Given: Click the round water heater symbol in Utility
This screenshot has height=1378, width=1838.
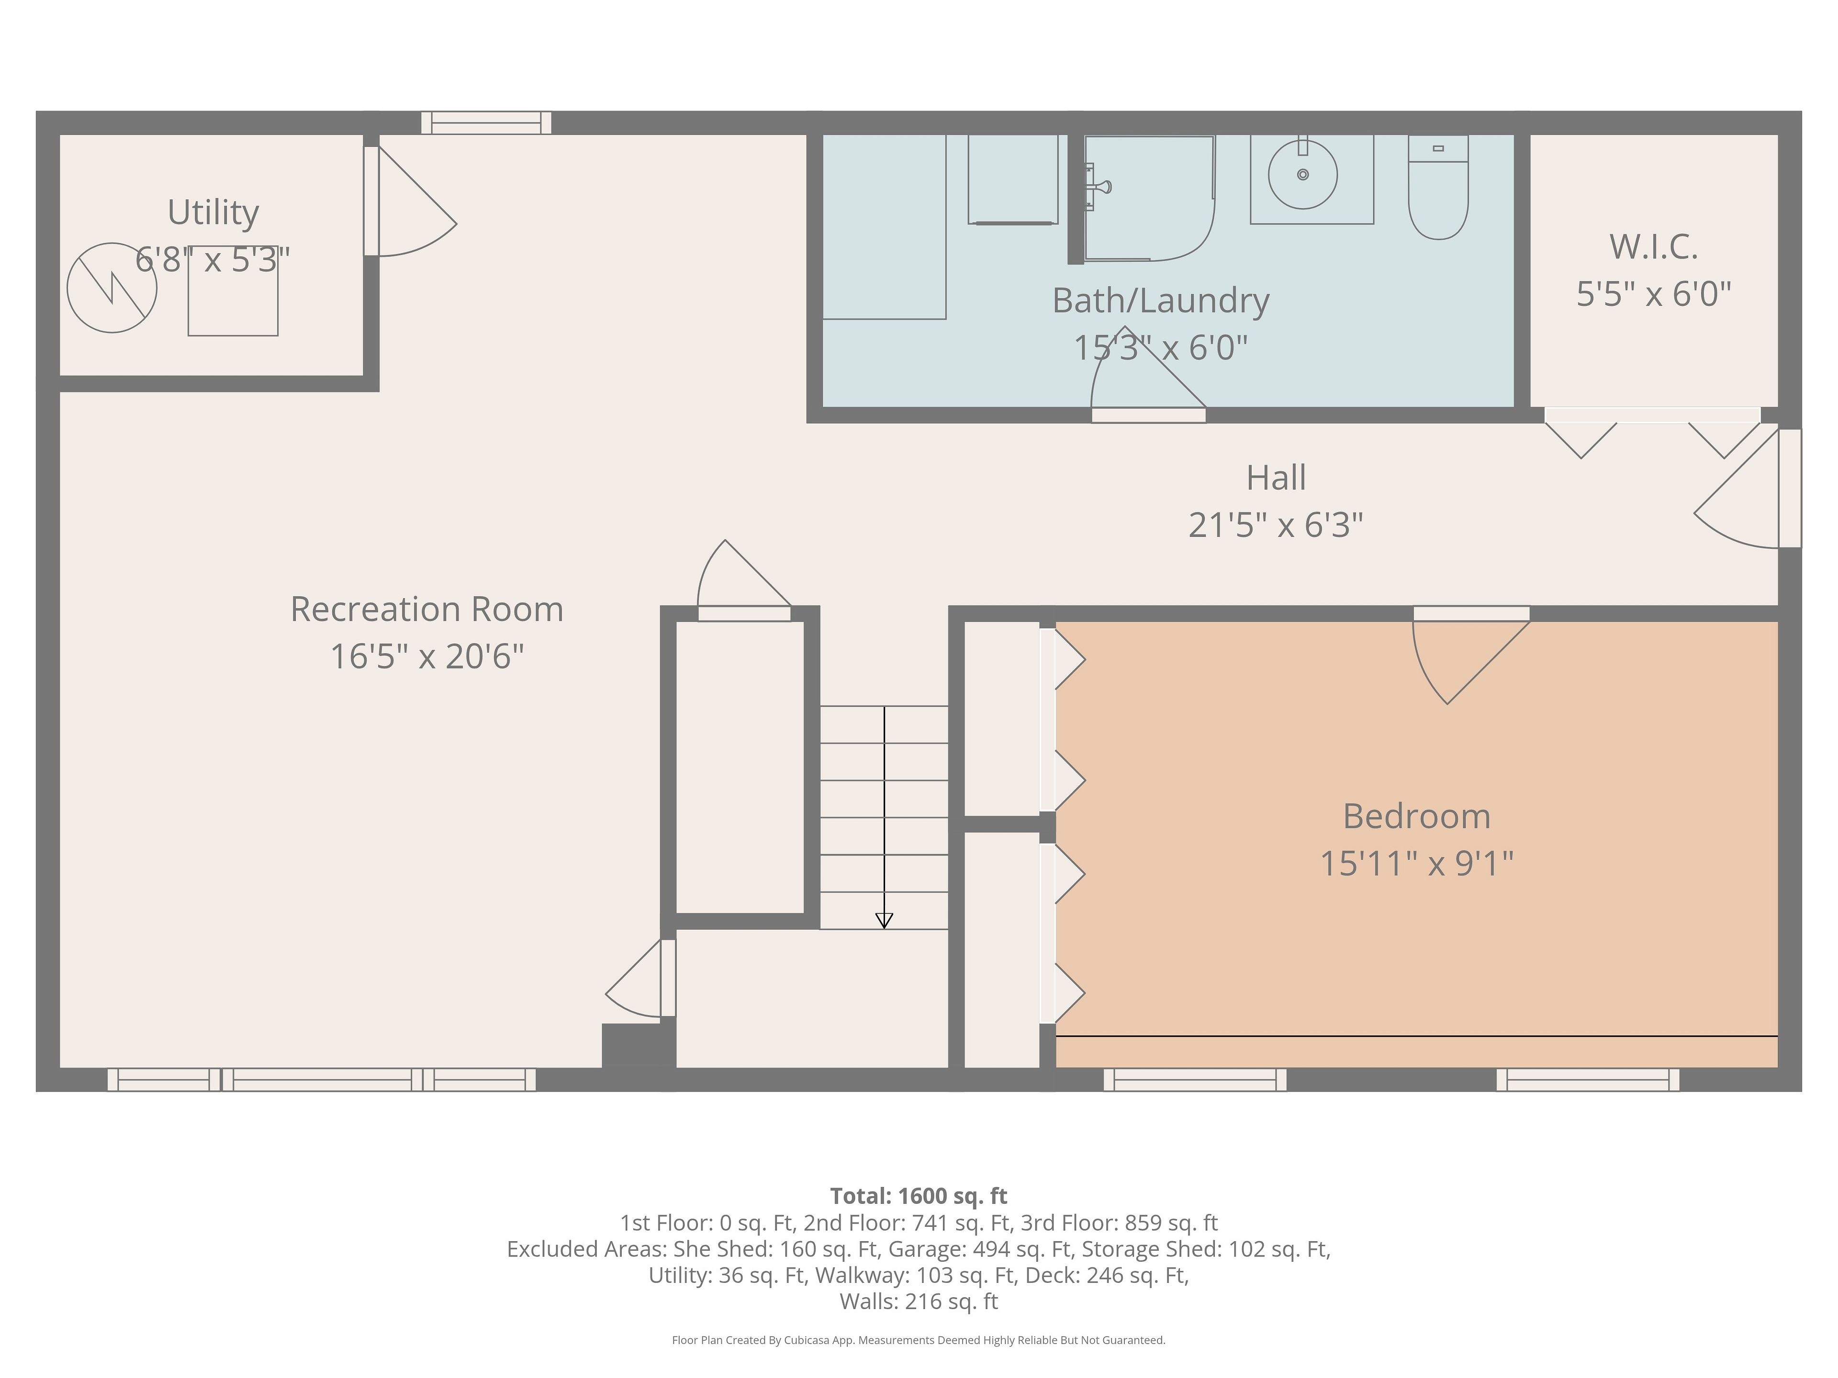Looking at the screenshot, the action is click(112, 288).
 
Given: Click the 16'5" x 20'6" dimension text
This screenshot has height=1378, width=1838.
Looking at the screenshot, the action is click(427, 656).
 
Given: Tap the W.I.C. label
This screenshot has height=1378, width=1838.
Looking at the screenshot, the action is click(1654, 247).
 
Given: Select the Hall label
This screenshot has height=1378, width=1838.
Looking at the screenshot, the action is click(1276, 478).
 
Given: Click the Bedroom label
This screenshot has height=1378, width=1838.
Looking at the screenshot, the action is click(1417, 816).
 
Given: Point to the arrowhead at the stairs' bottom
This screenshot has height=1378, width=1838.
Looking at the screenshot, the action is click(884, 920).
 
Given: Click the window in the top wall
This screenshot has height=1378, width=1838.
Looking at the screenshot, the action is click(486, 123).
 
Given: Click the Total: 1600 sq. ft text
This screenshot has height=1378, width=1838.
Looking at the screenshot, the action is click(919, 1196).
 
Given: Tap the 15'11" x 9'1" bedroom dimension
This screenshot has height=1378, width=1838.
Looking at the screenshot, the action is click(1417, 864).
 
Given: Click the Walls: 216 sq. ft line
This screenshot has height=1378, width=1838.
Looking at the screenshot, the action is click(919, 1301).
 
